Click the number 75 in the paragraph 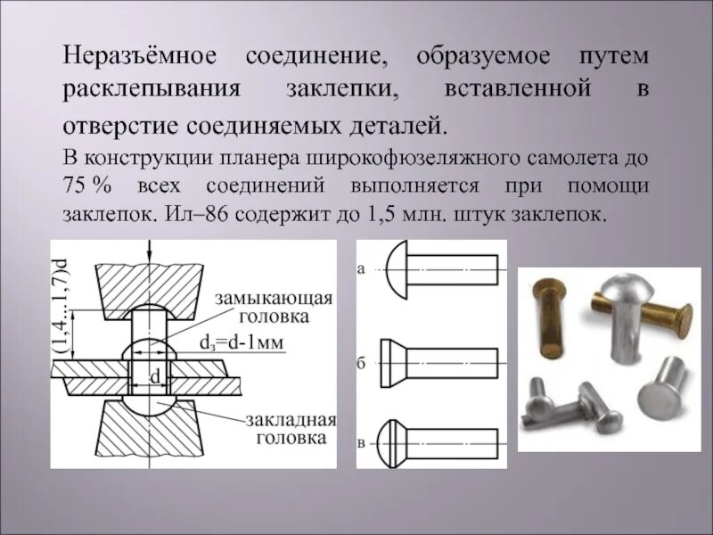(76, 186)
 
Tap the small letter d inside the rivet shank (154, 377)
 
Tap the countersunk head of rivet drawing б (393, 364)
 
